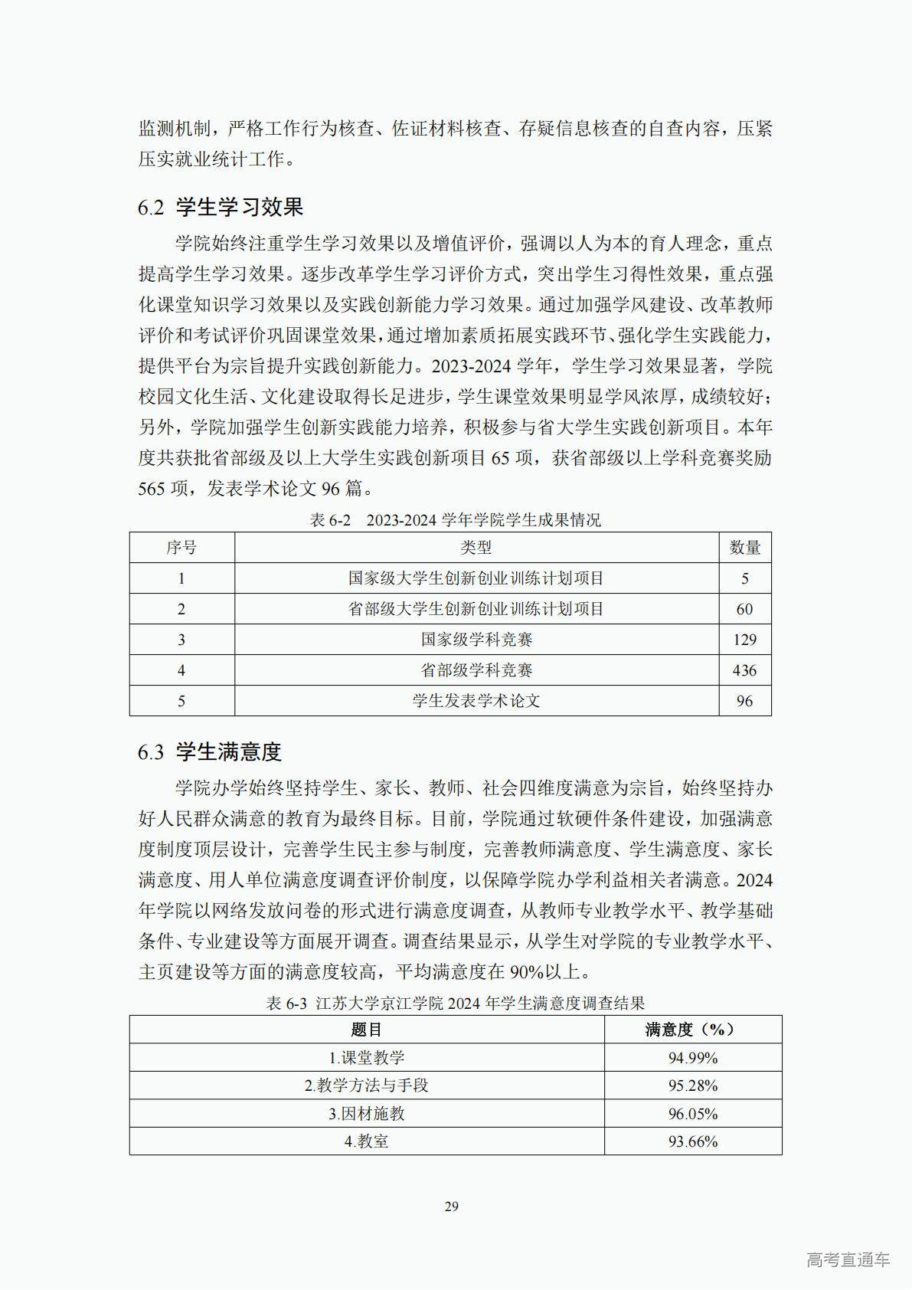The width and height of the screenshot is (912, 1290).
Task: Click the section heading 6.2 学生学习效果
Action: pyautogui.click(x=221, y=207)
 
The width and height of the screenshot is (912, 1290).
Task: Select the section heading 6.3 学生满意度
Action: pyautogui.click(x=210, y=751)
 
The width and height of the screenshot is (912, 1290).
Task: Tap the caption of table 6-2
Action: pyautogui.click(x=455, y=520)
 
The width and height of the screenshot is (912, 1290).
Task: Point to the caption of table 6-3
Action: pyautogui.click(x=455, y=1003)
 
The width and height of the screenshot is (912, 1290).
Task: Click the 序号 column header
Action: pyautogui.click(x=181, y=548)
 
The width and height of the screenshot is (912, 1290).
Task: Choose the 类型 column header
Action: pyautogui.click(x=476, y=548)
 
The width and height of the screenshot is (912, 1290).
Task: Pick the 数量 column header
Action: pyautogui.click(x=744, y=548)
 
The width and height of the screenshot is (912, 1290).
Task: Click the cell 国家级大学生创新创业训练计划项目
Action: pyautogui.click(x=476, y=578)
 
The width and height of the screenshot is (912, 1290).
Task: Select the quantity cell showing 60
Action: pyautogui.click(x=744, y=609)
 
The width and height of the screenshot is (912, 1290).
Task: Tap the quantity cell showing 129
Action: pyautogui.click(x=744, y=640)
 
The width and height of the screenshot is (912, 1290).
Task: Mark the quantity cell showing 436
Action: pyautogui.click(x=744, y=670)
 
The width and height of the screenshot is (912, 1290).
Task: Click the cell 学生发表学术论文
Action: pyautogui.click(x=476, y=701)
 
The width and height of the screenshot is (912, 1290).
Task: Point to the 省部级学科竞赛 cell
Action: pyautogui.click(x=476, y=670)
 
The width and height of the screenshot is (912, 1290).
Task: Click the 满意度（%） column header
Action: pyautogui.click(x=692, y=1030)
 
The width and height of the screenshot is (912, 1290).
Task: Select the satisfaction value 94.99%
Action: pyautogui.click(x=692, y=1058)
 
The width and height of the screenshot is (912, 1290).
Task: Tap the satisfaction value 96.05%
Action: pyautogui.click(x=692, y=1114)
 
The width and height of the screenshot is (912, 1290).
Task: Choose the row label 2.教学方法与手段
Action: pyautogui.click(x=366, y=1085)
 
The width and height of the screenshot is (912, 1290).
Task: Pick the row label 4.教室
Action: pyautogui.click(x=366, y=1141)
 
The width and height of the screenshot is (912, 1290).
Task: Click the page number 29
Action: pyautogui.click(x=452, y=1207)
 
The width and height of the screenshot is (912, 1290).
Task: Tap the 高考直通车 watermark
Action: pyautogui.click(x=848, y=1259)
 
